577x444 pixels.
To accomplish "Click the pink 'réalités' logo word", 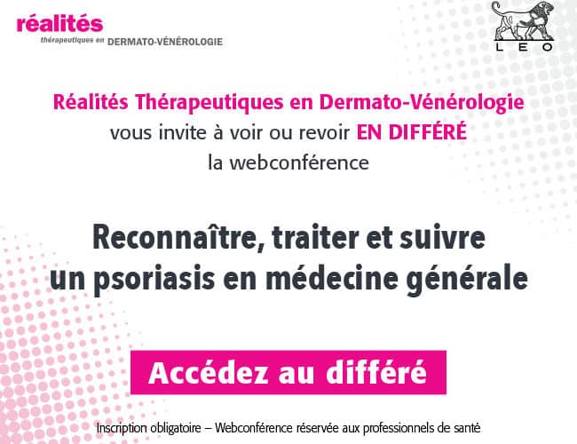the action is (59, 23).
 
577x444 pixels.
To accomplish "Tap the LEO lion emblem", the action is (523, 20).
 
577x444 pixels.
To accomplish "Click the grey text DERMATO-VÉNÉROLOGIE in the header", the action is (165, 42).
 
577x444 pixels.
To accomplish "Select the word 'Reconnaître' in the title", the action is (178, 237).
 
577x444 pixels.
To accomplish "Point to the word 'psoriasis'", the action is (154, 279).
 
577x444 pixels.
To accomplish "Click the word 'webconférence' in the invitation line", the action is (299, 163).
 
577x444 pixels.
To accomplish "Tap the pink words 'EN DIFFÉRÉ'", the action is (411, 131).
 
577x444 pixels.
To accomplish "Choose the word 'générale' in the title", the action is (467, 279).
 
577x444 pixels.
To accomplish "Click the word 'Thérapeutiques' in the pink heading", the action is (209, 103).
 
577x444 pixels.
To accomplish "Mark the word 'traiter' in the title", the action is (315, 238).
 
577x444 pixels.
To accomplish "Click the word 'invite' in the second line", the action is (182, 132).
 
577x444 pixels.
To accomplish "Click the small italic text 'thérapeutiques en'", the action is (73, 41).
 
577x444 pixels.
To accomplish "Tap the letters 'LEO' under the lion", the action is (524, 47).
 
